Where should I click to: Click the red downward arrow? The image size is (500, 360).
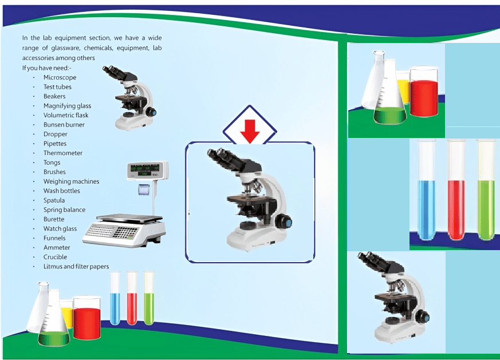[x=250, y=130]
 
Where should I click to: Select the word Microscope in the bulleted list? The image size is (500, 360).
[x=60, y=77]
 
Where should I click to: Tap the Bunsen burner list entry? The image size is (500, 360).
[x=64, y=125]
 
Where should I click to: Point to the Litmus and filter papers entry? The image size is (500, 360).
[x=76, y=267]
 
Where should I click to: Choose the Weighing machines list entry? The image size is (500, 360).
[x=71, y=181]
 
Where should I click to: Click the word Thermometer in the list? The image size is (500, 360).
[x=63, y=153]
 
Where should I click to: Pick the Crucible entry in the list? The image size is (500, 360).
[x=55, y=257]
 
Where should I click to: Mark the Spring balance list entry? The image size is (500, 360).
[x=64, y=210]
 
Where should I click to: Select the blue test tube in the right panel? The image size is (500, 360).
[x=427, y=208]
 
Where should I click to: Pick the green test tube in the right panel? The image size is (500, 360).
[x=486, y=208]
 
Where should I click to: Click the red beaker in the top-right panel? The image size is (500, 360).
[x=424, y=97]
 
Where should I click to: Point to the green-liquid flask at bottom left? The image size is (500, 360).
[x=53, y=332]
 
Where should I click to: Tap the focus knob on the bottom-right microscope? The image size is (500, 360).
[x=423, y=317]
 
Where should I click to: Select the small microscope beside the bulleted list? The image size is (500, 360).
[x=131, y=97]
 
